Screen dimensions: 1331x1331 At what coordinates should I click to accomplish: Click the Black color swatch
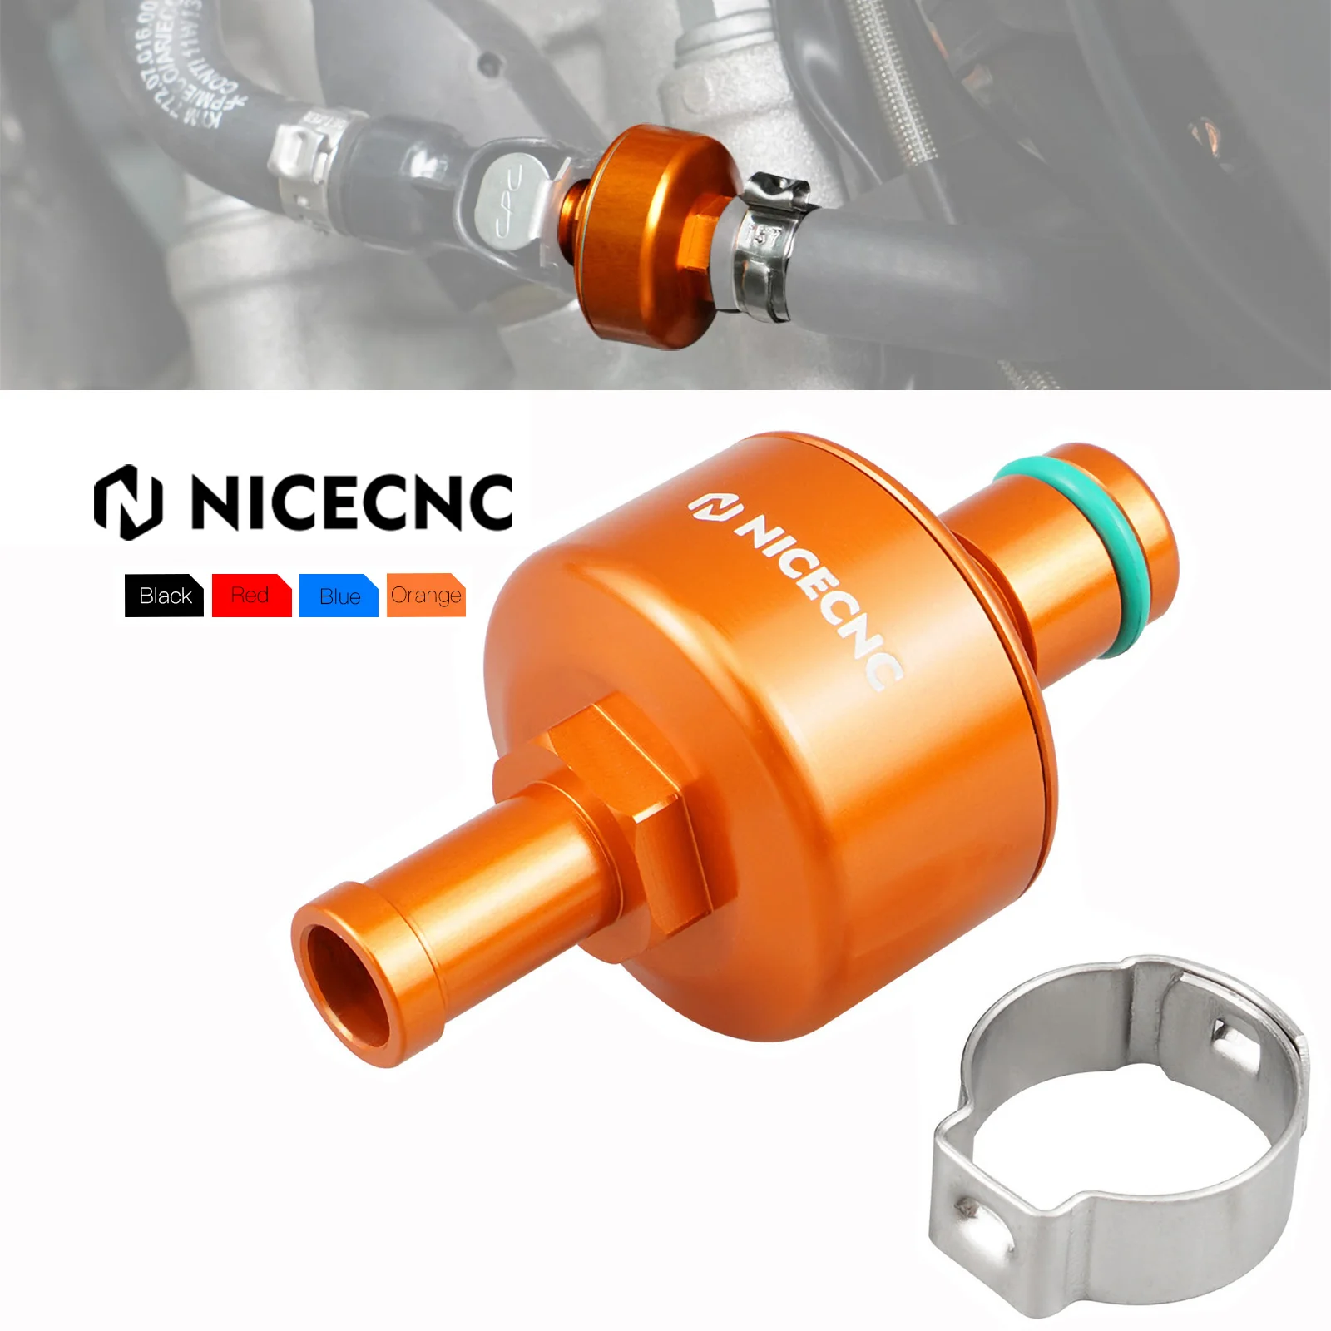pos(164,596)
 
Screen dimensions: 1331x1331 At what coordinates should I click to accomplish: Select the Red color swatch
pos(251,596)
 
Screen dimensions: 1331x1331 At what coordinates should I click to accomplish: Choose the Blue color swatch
pos(339,596)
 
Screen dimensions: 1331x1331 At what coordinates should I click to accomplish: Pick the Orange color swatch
pos(426,596)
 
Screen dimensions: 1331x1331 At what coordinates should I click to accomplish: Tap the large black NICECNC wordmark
pos(351,502)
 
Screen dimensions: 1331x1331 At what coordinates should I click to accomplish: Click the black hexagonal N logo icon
pos(127,502)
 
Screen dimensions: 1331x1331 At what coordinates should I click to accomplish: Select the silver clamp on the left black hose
pos(304,166)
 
